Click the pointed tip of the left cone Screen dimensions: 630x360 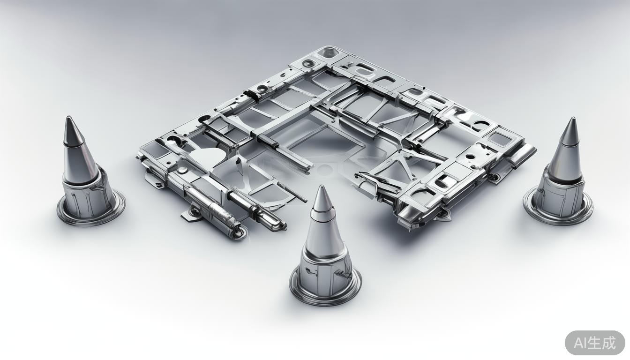(x=68, y=117)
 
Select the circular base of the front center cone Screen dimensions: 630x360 (x=325, y=292)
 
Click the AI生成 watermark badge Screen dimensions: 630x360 (x=595, y=343)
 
